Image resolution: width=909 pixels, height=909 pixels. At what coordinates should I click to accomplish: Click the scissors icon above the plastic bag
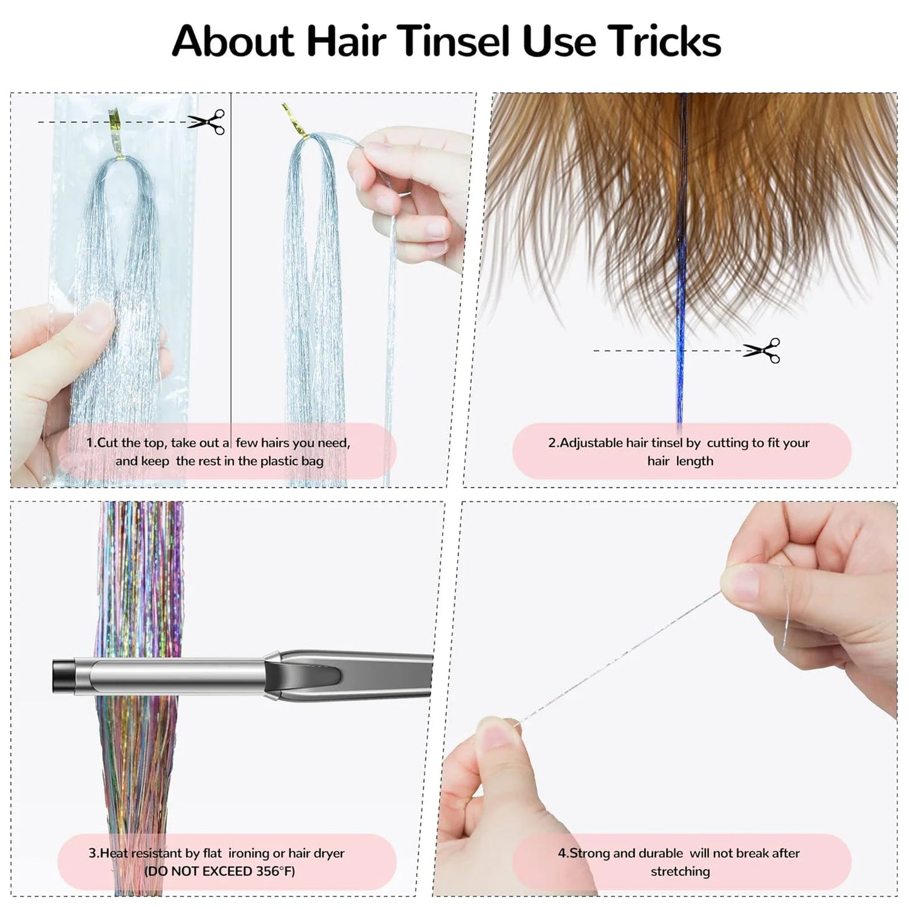206,122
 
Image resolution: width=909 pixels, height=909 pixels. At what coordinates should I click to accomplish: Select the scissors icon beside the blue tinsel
762,350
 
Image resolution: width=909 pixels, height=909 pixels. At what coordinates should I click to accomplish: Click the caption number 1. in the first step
91,443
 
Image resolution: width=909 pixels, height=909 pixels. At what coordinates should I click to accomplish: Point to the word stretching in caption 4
680,871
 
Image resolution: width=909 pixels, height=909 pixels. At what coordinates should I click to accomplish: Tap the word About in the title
233,42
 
